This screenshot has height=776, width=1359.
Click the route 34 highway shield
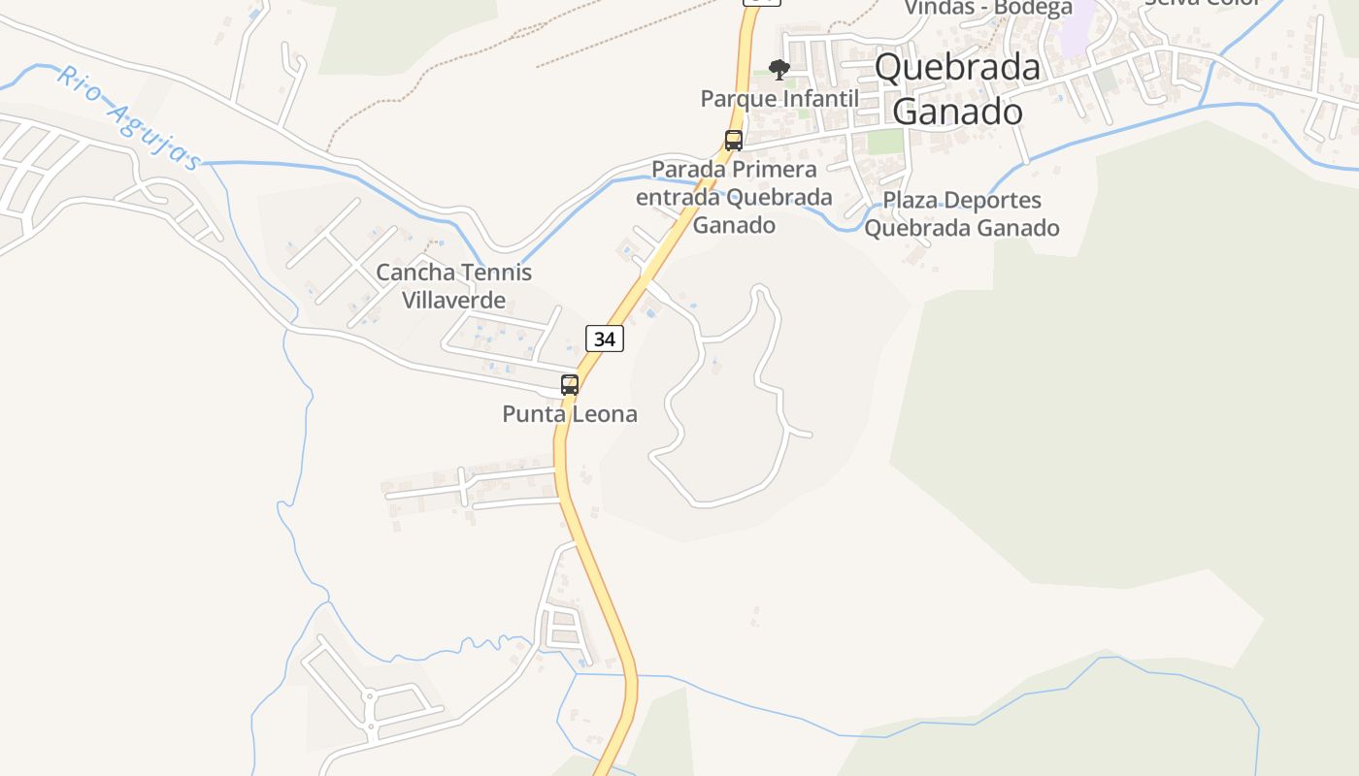pos(604,339)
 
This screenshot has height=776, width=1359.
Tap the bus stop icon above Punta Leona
pos(570,385)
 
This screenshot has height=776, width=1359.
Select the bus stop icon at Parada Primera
pos(734,141)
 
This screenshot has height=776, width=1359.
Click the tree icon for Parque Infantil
pos(779,69)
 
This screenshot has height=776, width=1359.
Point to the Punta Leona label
pos(570,414)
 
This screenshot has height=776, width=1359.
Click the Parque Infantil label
pos(779,98)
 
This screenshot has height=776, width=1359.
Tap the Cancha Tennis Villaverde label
pos(454,286)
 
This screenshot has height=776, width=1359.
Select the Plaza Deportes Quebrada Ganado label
pos(961,214)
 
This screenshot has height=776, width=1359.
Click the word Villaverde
pos(454,300)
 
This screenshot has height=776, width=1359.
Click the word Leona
pos(606,414)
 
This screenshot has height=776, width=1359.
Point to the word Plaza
pos(907,201)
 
